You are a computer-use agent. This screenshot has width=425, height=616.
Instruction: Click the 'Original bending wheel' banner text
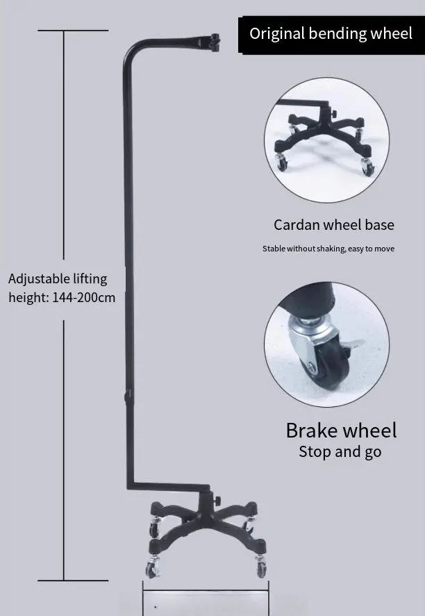(331, 33)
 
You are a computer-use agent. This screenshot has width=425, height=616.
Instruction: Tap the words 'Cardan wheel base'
(333, 225)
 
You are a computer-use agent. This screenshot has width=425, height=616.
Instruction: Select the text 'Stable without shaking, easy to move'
(328, 249)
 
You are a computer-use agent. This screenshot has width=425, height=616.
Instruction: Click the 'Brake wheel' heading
(341, 430)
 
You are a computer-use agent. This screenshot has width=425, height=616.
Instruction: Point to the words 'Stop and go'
(340, 452)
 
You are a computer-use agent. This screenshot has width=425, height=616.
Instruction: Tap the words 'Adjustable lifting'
(58, 279)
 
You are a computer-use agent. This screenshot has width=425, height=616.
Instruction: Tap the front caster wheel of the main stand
(152, 570)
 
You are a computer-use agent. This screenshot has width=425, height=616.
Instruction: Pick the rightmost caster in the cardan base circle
(365, 166)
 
